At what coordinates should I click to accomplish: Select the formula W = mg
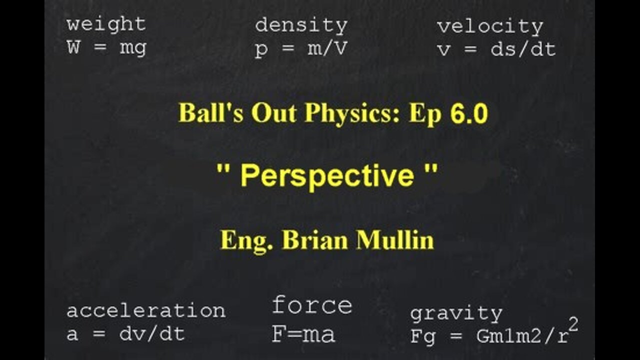point(106,48)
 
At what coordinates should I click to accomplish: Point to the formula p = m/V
point(301,50)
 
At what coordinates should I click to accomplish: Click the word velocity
point(490,27)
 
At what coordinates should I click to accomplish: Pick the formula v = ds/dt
point(496,50)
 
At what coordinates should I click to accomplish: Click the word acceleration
point(145,311)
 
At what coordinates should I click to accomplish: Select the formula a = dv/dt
point(125,334)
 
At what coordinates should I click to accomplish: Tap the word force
point(312,305)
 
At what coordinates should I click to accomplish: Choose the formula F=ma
point(303,334)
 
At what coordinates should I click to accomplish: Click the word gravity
point(456,314)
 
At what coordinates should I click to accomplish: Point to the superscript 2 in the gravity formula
point(573,325)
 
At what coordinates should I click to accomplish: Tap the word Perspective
point(327,176)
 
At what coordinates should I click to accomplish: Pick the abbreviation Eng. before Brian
point(248,240)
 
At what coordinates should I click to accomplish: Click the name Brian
point(316,240)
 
